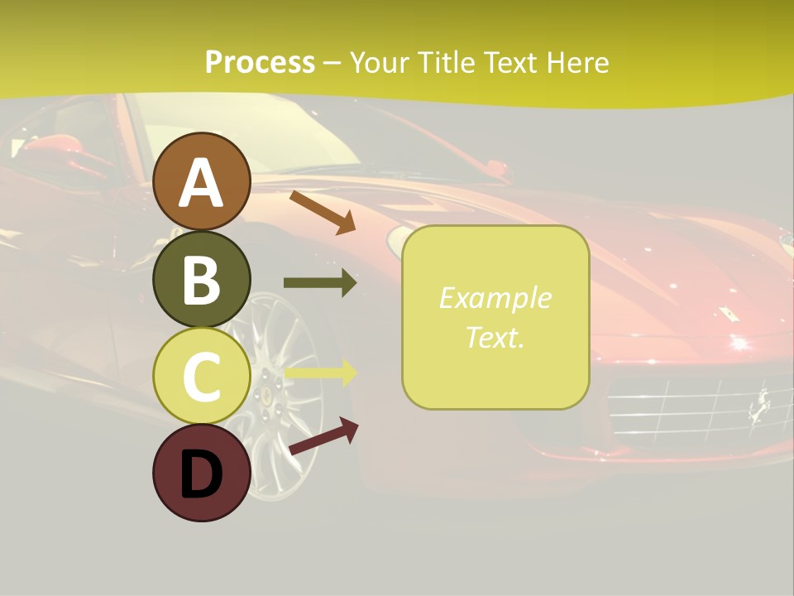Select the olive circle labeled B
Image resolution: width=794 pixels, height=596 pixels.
click(201, 279)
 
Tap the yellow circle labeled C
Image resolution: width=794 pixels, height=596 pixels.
click(201, 376)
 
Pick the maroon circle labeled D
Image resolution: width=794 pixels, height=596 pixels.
click(201, 473)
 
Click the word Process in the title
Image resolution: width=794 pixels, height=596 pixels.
click(260, 62)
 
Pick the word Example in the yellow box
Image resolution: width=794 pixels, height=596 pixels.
click(495, 298)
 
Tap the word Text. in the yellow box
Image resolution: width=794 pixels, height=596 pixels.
click(495, 337)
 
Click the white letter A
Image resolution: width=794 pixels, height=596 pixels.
click(201, 183)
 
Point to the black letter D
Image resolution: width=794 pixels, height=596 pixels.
click(201, 474)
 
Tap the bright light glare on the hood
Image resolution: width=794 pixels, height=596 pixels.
click(737, 341)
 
